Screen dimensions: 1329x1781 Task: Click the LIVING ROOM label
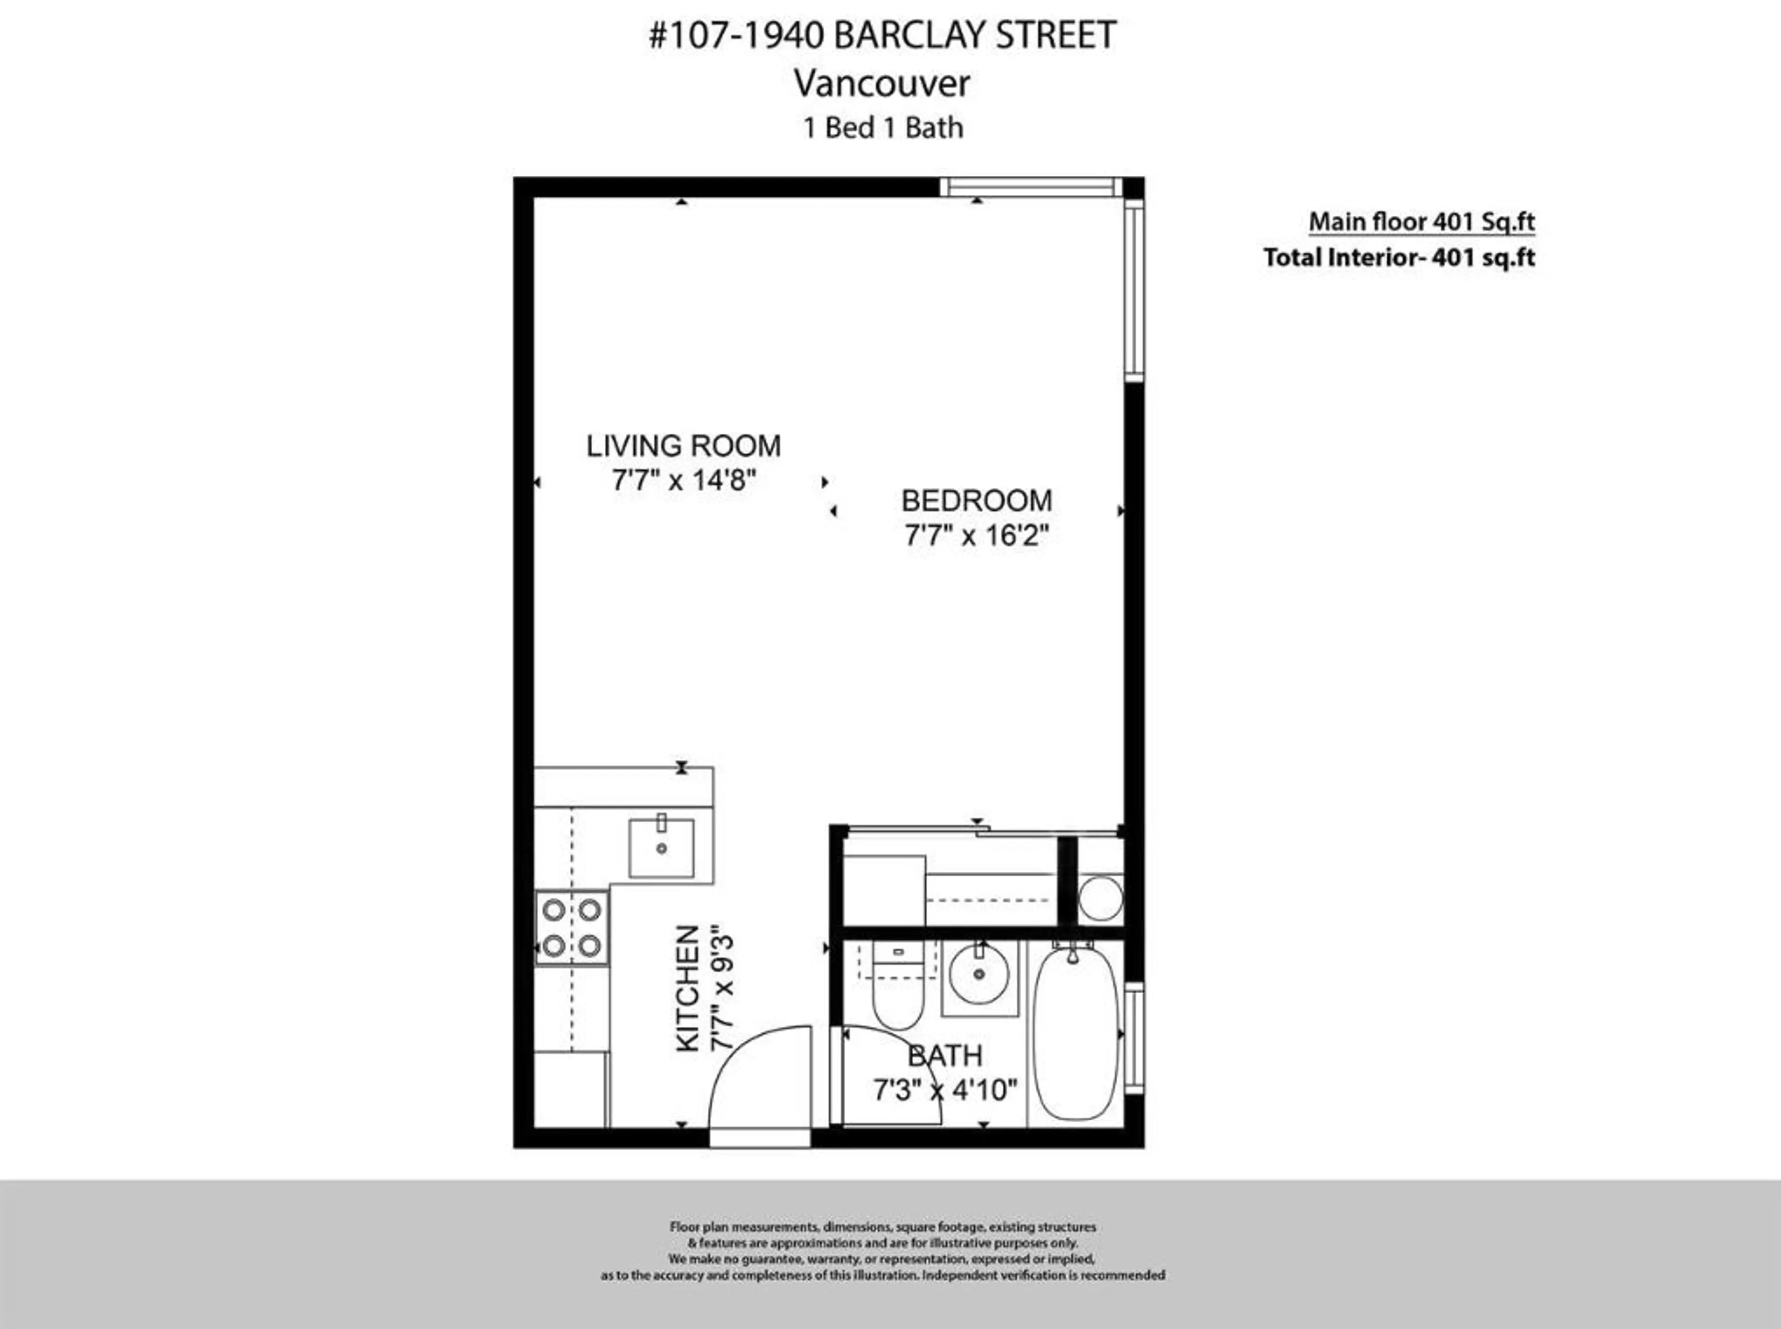tap(683, 446)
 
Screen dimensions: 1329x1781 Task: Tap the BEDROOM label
tap(976, 500)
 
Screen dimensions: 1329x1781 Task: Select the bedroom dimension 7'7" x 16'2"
tap(976, 536)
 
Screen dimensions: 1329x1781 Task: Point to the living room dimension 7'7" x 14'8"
tap(683, 481)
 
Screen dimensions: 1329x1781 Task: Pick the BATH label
tap(945, 1055)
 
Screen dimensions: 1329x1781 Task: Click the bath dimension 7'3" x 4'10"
tap(945, 1091)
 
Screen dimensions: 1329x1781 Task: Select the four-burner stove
tap(572, 927)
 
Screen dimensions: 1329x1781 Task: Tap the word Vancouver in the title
tap(883, 83)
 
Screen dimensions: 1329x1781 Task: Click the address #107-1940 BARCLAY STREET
tap(883, 35)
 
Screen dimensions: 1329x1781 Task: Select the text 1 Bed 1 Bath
tap(883, 128)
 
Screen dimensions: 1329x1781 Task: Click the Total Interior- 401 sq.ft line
tap(1399, 257)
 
